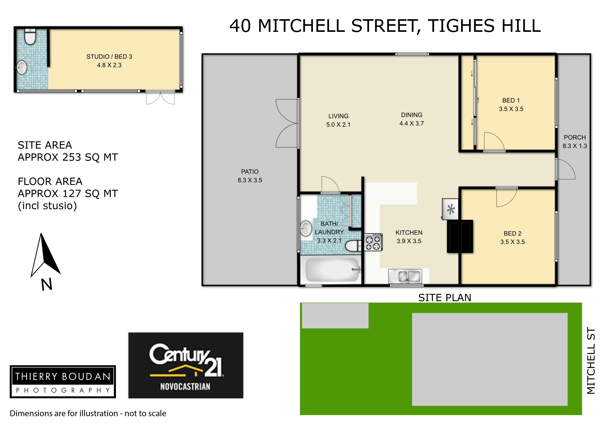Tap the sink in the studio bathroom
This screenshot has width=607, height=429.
coord(21,67)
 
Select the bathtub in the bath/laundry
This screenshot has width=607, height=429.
coord(333,270)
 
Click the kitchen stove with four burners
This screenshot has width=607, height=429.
coord(373,242)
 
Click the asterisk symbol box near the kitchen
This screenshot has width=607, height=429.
coord(450,209)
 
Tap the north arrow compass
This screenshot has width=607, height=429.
coord(46,262)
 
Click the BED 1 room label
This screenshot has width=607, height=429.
coord(511,101)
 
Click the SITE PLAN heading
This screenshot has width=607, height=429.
coord(445,298)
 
